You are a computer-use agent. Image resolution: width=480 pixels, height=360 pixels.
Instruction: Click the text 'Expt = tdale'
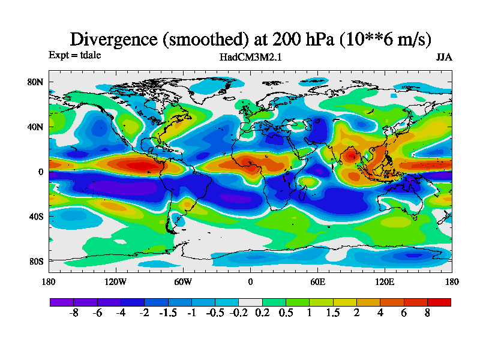pos(74,55)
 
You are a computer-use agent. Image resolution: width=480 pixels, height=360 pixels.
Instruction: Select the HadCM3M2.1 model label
pos(251,57)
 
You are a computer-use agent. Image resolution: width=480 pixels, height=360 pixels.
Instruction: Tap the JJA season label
pos(444,57)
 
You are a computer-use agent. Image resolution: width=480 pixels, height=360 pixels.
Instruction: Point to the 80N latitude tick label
pos(36,82)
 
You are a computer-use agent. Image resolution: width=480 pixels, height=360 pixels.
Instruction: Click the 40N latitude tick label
pos(36,127)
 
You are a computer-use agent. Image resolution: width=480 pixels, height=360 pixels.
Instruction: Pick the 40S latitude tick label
pos(36,216)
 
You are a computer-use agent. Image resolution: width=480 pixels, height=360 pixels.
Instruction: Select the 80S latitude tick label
pos(36,261)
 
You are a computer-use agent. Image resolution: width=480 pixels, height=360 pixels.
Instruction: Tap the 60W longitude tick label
pos(183,282)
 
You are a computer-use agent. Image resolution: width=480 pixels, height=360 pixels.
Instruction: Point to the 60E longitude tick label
pos(317,282)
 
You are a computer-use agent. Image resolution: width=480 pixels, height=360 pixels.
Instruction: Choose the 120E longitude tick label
pos(385,282)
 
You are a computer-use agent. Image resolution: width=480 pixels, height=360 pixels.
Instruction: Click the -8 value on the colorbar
pos(73,313)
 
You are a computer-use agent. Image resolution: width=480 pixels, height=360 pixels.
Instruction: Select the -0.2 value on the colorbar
pos(239,313)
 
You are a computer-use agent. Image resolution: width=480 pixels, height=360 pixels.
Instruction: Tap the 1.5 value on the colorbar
pos(333,313)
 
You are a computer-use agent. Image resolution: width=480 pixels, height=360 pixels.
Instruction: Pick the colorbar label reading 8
pos(428,313)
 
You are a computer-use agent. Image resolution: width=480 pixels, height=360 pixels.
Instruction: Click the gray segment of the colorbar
pos(250,302)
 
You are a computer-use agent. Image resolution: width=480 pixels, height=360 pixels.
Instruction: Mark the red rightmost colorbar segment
pos(439,302)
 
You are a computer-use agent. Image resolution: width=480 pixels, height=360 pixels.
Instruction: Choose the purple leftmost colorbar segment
pos(61,302)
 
